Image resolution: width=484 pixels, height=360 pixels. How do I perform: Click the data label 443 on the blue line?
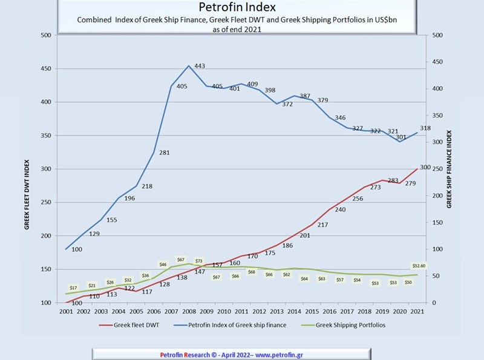(x=200, y=66)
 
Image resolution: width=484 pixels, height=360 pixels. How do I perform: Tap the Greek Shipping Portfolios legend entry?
(x=352, y=325)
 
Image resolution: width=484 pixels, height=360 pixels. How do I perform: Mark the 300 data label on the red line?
(x=425, y=167)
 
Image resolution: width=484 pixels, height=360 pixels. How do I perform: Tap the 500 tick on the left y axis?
(x=45, y=35)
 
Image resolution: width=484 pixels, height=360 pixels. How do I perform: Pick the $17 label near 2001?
(x=74, y=288)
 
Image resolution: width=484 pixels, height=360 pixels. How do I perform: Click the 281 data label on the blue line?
(x=163, y=153)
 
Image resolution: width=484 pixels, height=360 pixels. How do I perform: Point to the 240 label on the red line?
(x=340, y=209)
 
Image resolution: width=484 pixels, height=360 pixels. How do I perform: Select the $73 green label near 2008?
(x=198, y=261)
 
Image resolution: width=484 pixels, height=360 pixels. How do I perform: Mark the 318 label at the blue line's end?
(x=425, y=128)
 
